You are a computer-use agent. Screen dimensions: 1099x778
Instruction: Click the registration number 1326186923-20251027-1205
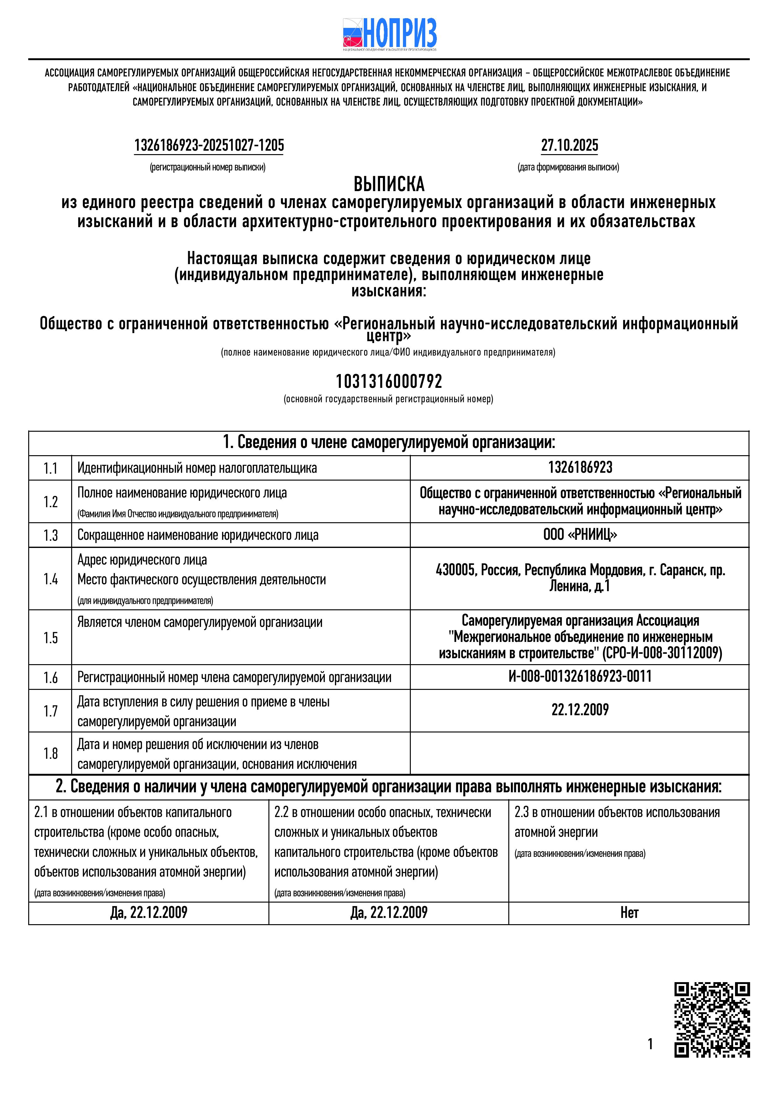coord(209,145)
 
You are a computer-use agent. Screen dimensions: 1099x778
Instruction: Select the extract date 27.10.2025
coord(569,145)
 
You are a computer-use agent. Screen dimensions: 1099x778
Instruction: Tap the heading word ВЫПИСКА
coord(389,184)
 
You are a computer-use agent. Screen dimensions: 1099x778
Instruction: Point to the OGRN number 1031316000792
coord(389,382)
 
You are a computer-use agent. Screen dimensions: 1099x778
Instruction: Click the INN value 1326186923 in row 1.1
coord(580,468)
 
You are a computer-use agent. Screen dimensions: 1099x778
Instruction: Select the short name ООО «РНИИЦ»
coord(580,535)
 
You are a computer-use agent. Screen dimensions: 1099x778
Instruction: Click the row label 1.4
coord(50,579)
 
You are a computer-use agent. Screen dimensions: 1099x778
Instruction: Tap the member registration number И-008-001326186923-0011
coord(580,677)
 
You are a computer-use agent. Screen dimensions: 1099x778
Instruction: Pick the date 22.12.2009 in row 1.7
coord(580,710)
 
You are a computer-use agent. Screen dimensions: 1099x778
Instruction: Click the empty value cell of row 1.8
coord(580,753)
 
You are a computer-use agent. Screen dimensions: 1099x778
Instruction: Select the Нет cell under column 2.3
coord(629,913)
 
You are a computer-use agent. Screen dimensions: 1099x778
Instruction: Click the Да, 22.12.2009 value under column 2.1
coord(149,913)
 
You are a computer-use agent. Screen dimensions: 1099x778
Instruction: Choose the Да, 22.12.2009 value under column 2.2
coord(389,913)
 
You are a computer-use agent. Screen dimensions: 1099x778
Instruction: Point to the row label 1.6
coord(50,677)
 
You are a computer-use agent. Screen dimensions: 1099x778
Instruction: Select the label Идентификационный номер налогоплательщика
coord(197,468)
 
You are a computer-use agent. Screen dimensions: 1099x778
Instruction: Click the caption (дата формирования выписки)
coord(568,168)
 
